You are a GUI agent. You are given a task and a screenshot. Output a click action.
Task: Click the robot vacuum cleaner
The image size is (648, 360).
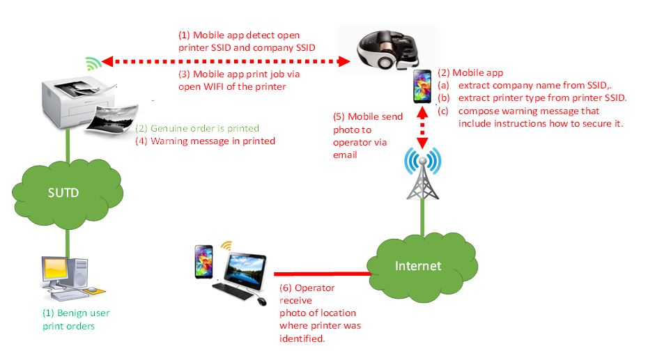[x=387, y=53]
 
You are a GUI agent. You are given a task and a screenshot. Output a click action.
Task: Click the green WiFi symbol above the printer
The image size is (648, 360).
[x=93, y=63]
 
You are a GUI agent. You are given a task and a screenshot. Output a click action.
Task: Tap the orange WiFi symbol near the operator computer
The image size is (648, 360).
[x=226, y=246]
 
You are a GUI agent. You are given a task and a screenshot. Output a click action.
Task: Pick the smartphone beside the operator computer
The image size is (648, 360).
[x=203, y=262]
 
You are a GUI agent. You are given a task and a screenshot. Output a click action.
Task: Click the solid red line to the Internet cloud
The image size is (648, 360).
[x=321, y=273]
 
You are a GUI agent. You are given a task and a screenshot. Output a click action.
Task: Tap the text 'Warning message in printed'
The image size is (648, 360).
[x=205, y=141]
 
